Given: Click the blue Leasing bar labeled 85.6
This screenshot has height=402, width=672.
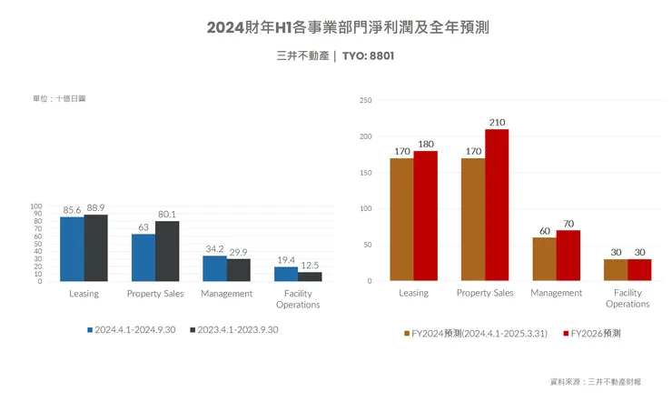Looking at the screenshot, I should point(72,249).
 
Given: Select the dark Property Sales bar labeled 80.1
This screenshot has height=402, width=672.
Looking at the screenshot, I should point(167,251).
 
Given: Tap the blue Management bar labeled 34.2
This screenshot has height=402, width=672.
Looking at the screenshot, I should point(214,268).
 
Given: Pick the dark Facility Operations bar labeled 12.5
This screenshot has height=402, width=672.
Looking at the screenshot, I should point(310,276).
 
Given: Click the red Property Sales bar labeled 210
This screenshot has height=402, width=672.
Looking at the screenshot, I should point(497,205).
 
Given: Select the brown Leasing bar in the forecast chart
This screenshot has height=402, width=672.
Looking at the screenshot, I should point(401,219).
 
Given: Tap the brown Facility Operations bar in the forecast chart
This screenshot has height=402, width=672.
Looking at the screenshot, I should point(616,270).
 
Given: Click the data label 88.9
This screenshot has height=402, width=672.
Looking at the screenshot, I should point(96,208).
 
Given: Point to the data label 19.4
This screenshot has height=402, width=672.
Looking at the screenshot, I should point(286,260).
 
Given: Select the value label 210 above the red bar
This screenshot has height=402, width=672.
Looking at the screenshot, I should point(497,122).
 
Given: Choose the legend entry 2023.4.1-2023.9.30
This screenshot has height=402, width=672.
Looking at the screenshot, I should point(233,329).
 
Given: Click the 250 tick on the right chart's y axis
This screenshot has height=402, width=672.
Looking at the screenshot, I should point(365,100).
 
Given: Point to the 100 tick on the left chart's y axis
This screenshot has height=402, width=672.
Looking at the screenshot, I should point(37,206).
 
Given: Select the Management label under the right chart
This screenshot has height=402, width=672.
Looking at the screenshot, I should point(556,293).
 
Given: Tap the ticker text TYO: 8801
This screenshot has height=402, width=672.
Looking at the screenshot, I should point(368,55).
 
